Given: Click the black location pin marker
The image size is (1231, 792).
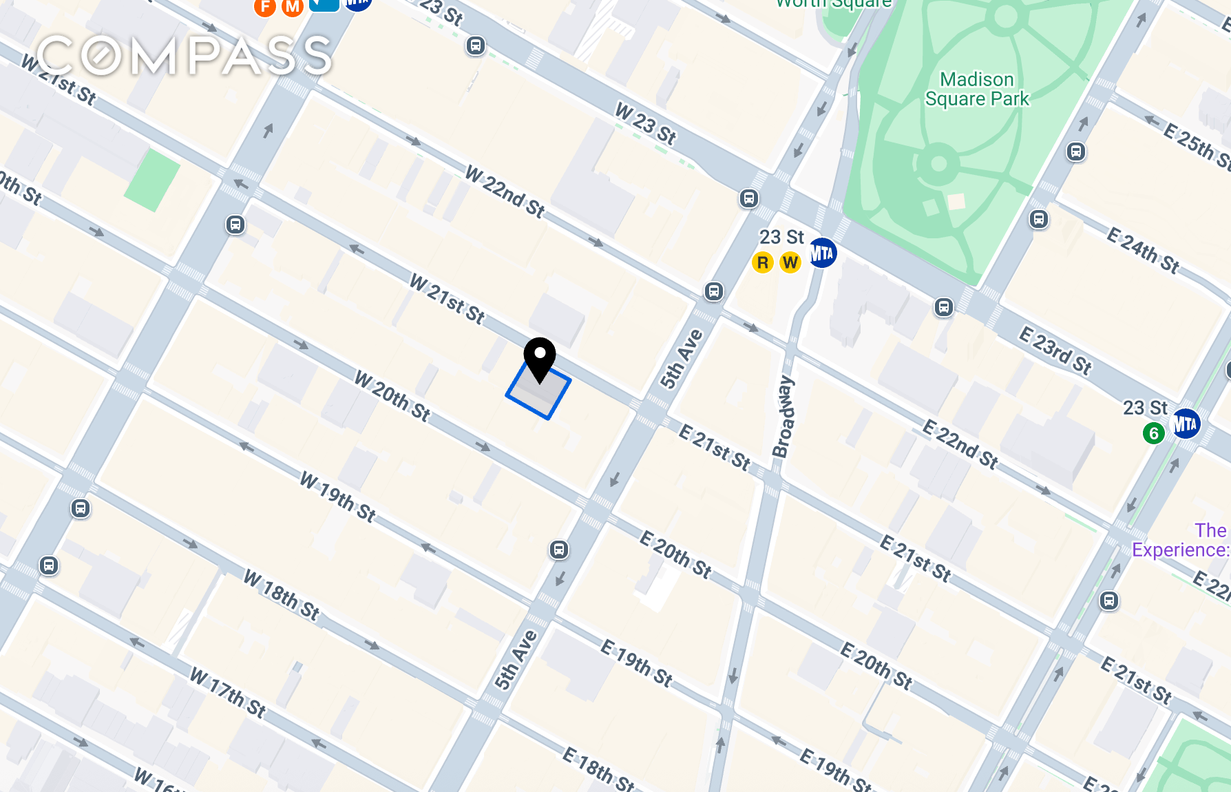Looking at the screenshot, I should pos(540,357).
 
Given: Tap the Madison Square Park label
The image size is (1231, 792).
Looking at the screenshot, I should pos(976,90).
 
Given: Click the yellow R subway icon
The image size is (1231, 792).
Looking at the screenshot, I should pos(762,262).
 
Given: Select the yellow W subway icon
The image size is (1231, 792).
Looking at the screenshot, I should pos(790,262).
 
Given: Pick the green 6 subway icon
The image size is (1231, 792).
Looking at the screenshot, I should pos(1153,433).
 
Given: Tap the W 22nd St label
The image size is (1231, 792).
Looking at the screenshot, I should pos(505,191).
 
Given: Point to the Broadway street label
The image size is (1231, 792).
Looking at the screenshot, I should pos(783,417).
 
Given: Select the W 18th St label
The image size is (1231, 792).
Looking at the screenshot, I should pos(282,596).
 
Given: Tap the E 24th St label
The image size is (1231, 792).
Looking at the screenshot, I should pos(1143,250).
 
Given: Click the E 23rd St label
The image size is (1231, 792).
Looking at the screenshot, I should pos(1055,351).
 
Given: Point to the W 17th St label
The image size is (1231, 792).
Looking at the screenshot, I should pos(228,693).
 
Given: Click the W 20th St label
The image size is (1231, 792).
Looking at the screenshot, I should pos(392,396).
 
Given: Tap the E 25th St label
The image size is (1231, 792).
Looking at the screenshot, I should pos(1197,145).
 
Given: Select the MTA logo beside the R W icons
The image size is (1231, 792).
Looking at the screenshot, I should pos(821,253).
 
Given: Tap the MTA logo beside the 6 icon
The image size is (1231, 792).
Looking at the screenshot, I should pos(1185,423).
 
